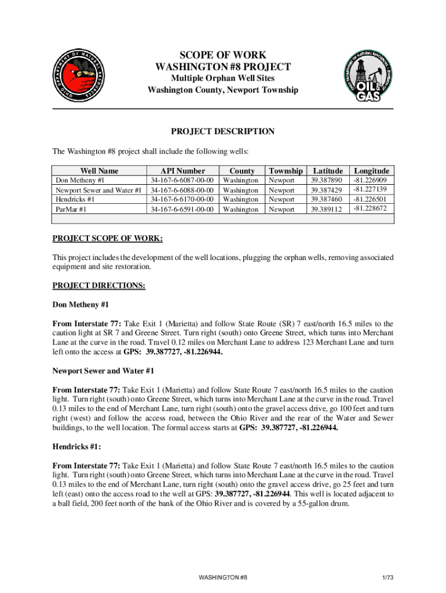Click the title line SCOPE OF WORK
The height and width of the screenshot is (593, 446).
pyautogui.click(x=223, y=56)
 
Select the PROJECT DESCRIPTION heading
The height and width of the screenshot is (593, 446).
pyautogui.click(x=223, y=131)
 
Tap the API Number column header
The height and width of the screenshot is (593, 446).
pyautogui.click(x=183, y=171)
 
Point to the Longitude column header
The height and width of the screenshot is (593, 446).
pyautogui.click(x=371, y=171)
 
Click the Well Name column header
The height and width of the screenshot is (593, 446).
pyautogui.click(x=100, y=171)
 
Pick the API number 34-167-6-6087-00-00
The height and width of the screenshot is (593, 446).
pyautogui.click(x=182, y=181)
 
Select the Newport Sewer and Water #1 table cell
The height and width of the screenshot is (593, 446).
pyautogui.click(x=98, y=190)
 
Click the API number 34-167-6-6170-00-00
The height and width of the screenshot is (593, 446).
pyautogui.click(x=182, y=199)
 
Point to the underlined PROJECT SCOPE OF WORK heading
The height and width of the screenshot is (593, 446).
pyautogui.click(x=107, y=238)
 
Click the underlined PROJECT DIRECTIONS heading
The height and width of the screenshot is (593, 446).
pyautogui.click(x=99, y=285)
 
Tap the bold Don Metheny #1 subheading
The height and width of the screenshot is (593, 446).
pyautogui.click(x=81, y=305)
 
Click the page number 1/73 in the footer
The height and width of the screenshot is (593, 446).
pyautogui.click(x=387, y=578)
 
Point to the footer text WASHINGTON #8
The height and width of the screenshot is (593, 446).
pyautogui.click(x=223, y=578)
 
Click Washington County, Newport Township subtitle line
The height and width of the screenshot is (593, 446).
pyautogui.click(x=223, y=90)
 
